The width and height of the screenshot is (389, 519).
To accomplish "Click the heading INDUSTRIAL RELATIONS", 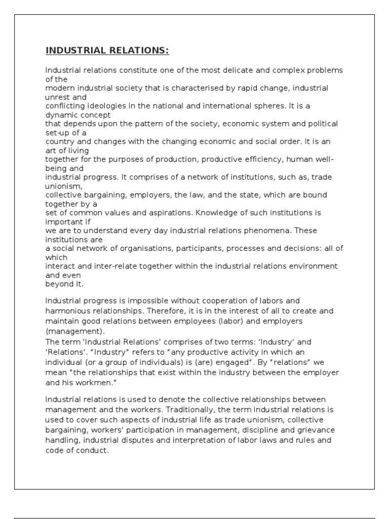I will [107, 50].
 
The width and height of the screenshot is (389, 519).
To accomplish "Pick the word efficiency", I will [258, 159].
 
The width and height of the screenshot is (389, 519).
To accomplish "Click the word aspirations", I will [150, 213].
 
